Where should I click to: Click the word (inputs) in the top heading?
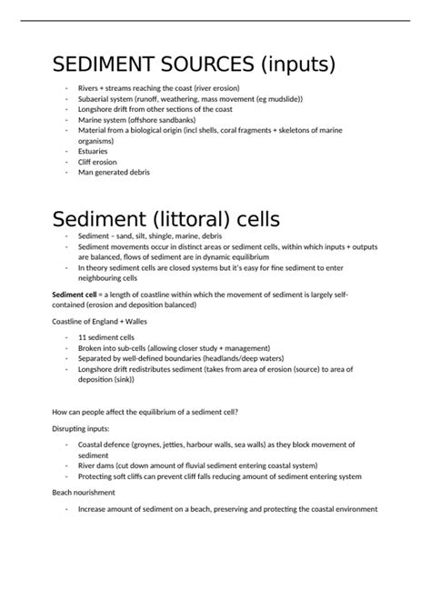295,65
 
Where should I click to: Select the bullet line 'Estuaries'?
94,151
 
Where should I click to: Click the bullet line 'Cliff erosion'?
99,161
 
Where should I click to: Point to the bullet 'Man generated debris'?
114,172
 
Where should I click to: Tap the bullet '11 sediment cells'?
107,337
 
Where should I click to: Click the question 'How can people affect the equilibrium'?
145,411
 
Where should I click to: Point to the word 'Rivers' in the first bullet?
89,88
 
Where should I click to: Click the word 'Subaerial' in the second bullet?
95,98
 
